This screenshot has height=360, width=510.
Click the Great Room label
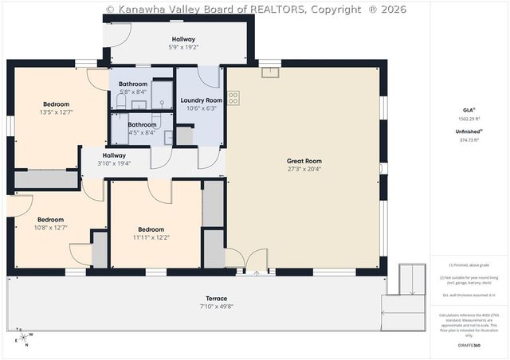click(x=303, y=161)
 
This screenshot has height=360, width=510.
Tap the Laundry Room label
click(x=201, y=100)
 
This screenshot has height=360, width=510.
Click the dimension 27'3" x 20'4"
click(x=303, y=169)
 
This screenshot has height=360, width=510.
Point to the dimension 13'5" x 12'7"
click(x=56, y=112)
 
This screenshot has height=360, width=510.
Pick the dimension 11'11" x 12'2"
click(x=151, y=237)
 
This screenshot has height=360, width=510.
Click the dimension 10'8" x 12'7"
click(x=50, y=228)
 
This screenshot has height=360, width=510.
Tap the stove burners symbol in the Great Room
click(x=233, y=98)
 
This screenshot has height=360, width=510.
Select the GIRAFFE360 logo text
click(x=469, y=346)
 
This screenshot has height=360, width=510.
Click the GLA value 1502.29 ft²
click(x=469, y=119)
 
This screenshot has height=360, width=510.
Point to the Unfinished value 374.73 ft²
click(x=469, y=139)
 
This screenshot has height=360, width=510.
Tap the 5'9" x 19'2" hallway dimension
click(x=183, y=48)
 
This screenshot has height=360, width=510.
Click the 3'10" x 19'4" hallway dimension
click(x=114, y=163)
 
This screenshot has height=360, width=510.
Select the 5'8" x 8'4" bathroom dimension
click(x=133, y=92)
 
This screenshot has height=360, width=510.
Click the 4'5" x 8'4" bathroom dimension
click(x=142, y=133)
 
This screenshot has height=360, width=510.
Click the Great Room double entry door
click(x=247, y=261)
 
